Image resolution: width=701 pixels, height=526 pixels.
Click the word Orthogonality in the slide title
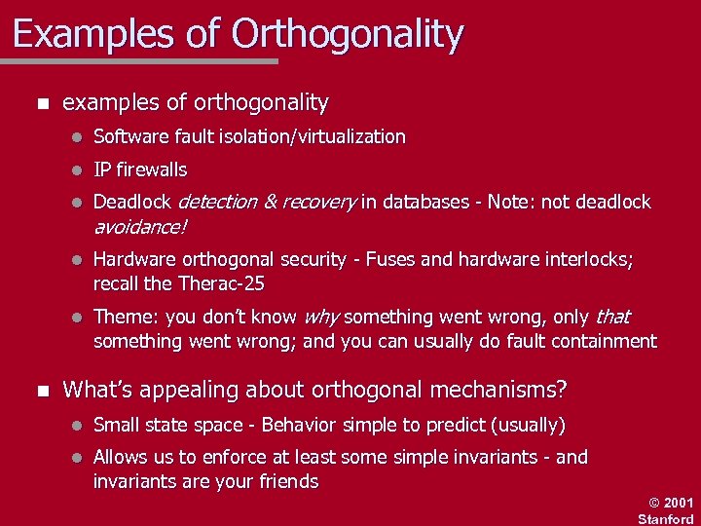[348, 35]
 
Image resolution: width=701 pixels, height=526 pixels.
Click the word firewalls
[152, 170]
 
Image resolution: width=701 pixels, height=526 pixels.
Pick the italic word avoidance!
[139, 227]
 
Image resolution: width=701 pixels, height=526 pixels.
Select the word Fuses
[393, 260]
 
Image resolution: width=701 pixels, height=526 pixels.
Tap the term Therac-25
[222, 284]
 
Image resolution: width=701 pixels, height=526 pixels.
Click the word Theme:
[127, 318]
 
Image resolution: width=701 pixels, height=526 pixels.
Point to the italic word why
[321, 318]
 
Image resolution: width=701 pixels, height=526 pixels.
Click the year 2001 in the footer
[679, 503]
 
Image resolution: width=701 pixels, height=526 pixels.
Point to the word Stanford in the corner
[665, 518]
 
